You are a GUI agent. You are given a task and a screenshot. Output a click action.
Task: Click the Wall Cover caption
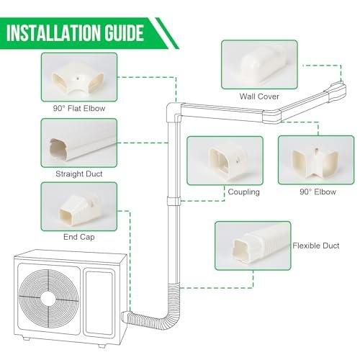(259, 96)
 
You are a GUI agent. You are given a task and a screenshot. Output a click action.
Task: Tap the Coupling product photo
(222, 161)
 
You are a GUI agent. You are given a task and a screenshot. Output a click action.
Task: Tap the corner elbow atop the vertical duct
(171, 110)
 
